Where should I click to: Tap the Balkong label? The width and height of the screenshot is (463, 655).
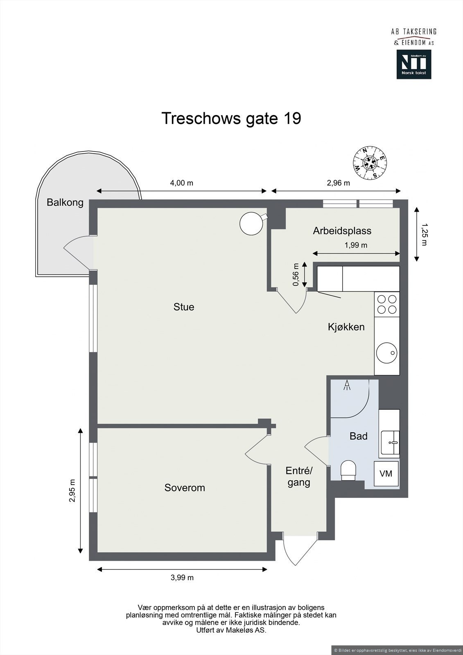click(65, 202)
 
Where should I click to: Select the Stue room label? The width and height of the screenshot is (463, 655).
click(184, 307)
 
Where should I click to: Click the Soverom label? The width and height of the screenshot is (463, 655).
click(185, 488)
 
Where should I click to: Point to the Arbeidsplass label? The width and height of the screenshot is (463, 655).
click(342, 231)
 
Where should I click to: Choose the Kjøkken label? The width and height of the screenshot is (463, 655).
click(346, 327)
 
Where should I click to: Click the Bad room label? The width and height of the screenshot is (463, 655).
click(359, 436)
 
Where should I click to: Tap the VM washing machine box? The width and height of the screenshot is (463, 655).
click(386, 474)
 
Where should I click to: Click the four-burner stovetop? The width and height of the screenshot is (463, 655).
click(387, 304)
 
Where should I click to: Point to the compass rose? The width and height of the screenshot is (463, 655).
click(370, 162)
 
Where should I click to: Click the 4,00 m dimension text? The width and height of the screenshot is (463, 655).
click(182, 183)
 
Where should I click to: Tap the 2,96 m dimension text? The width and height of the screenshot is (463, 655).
click(339, 183)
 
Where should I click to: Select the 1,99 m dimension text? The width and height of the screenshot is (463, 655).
click(356, 245)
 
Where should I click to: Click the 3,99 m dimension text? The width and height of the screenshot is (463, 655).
click(182, 578)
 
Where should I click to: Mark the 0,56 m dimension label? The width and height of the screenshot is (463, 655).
click(296, 275)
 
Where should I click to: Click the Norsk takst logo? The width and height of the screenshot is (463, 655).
click(414, 64)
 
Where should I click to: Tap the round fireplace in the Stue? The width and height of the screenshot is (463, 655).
click(251, 224)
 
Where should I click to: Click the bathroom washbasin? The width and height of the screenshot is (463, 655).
click(390, 443)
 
